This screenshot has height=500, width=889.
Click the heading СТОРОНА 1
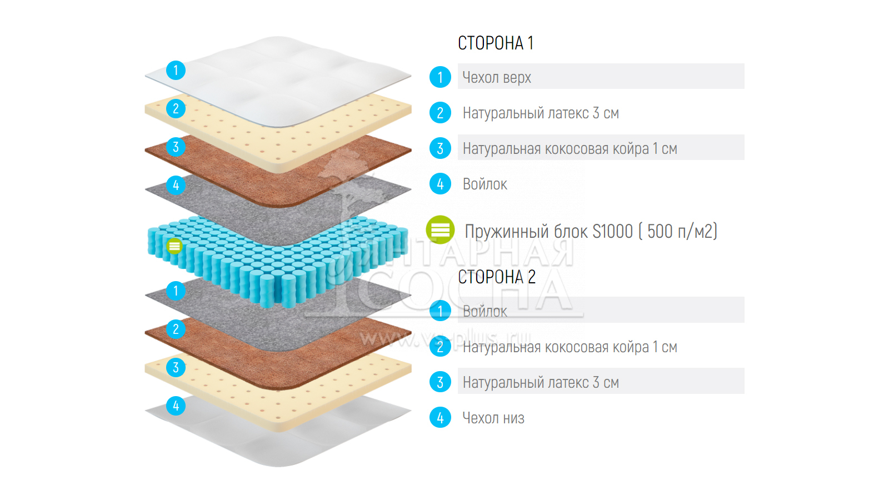(x=496, y=43)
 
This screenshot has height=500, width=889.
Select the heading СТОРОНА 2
(x=497, y=277)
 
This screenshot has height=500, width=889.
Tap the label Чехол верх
(x=497, y=77)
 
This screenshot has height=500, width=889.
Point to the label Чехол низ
(x=493, y=418)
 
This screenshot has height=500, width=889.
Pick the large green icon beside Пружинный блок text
(x=440, y=229)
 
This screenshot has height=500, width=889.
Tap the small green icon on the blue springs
(x=174, y=246)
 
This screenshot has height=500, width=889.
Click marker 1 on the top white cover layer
(x=176, y=70)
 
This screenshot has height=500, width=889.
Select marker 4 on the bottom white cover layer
(x=176, y=406)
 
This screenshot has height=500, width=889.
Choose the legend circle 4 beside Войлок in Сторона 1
(x=440, y=184)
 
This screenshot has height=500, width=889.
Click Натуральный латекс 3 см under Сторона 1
(x=541, y=113)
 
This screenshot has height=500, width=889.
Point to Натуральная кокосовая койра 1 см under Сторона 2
(x=570, y=347)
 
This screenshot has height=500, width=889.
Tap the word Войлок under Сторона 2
(x=485, y=311)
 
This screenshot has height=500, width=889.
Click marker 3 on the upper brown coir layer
(x=176, y=147)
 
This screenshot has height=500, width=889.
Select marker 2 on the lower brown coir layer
(x=176, y=329)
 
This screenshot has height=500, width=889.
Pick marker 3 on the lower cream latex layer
(x=176, y=367)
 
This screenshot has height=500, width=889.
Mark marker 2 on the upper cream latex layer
(x=176, y=108)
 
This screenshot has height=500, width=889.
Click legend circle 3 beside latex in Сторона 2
(x=440, y=382)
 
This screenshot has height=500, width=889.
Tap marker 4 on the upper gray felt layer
(x=176, y=185)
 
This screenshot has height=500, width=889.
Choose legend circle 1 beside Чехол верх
(x=440, y=77)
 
